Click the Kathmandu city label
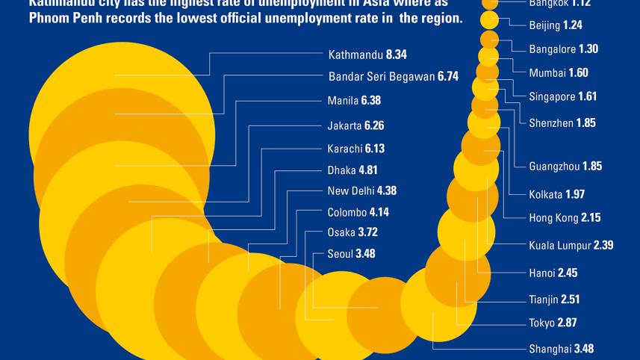(356, 55)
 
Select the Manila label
(343, 100)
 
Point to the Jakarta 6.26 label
(355, 125)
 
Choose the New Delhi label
(351, 190)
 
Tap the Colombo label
(348, 211)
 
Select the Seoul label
(341, 254)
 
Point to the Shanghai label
(550, 349)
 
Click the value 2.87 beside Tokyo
(568, 323)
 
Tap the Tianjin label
(544, 300)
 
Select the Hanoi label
(541, 273)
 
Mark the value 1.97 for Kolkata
(574, 194)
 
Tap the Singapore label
(552, 97)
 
